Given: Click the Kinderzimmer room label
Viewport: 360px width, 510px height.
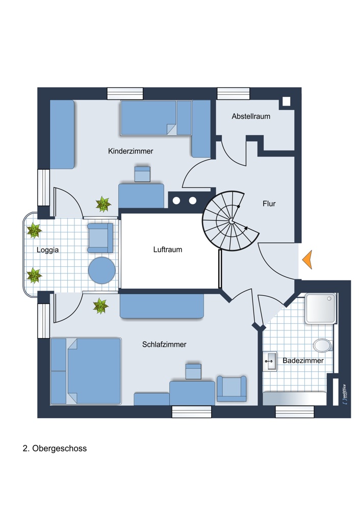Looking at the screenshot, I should tap(131, 151).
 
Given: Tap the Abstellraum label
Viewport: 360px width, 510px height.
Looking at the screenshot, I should tap(251, 116).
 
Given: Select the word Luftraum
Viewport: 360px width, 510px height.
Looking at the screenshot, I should tap(168, 249).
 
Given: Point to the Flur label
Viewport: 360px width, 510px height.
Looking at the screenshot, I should tap(269, 203).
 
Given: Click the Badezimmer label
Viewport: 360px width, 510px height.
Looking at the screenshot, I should tap(303, 360).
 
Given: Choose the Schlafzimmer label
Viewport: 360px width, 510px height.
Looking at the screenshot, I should tap(164, 344).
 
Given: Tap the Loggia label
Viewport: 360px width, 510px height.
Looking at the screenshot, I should tap(47, 250).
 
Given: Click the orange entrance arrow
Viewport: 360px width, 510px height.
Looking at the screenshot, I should tap(307, 260).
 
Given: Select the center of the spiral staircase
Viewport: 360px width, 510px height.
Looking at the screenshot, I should tap(232, 221).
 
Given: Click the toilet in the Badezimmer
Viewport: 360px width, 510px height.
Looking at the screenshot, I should tap(322, 345).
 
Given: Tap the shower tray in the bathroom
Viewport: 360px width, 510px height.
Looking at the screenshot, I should tap(320, 309).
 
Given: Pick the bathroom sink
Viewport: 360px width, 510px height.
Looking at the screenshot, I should tap(269, 361).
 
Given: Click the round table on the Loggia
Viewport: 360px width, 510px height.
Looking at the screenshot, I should tap(101, 270).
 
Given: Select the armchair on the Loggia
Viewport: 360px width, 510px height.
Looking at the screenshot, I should tap(100, 238).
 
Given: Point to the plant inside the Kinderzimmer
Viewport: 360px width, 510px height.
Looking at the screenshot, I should tap(103, 205).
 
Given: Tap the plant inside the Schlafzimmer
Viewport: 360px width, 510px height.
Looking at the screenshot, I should tap(100, 306).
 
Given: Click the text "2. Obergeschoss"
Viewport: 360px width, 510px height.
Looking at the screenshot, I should tap(55, 449).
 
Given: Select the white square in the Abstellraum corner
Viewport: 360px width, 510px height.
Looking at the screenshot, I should tap(286, 101).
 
